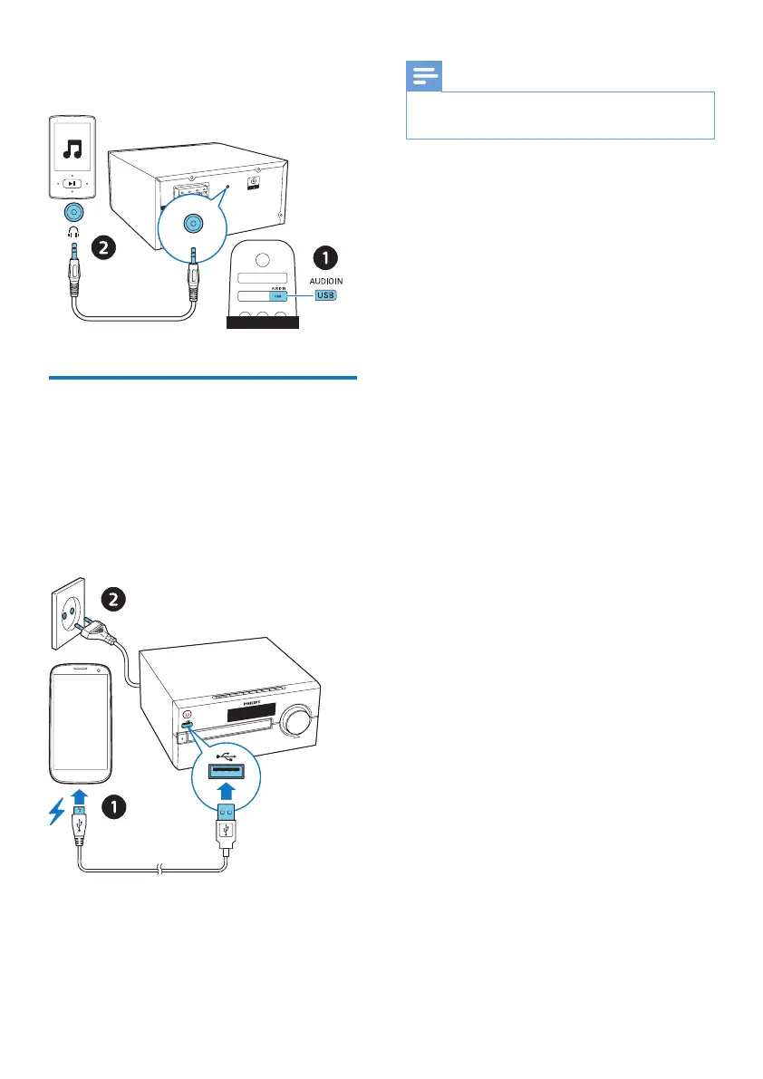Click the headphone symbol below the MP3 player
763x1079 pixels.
(74, 233)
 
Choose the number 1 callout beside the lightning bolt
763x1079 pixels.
(112, 805)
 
